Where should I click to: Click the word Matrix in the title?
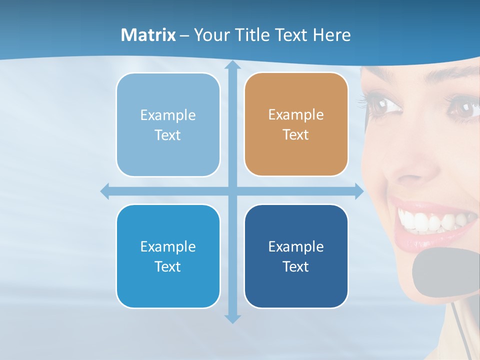(148, 35)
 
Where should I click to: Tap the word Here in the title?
(331, 35)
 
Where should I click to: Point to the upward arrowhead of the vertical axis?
(232, 65)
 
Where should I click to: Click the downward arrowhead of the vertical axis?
(232, 318)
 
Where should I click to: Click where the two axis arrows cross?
(232, 191)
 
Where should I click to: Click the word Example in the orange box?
(296, 114)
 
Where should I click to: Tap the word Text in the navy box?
(296, 266)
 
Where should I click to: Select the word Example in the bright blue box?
(168, 246)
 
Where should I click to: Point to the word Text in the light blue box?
(168, 135)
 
